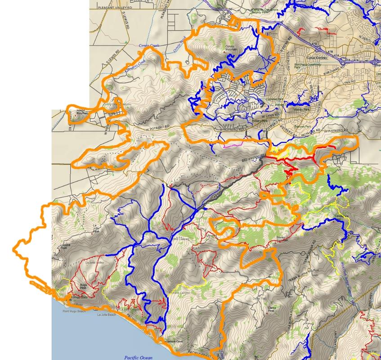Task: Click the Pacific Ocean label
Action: pos(138,357)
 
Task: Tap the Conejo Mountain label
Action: pos(230,49)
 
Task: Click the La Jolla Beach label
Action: pos(106,315)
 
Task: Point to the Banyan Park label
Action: pos(300,127)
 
